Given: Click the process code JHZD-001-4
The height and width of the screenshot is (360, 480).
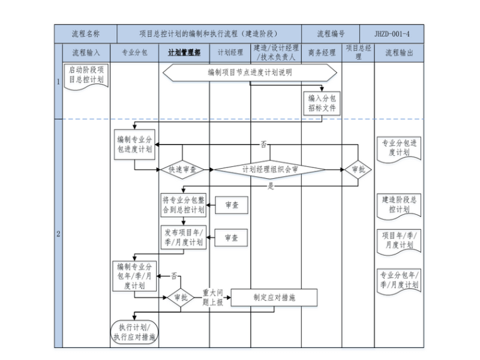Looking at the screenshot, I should (x=392, y=33).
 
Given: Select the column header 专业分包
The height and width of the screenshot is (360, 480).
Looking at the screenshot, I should (x=134, y=53).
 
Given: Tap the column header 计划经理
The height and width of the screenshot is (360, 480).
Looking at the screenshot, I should (x=230, y=53).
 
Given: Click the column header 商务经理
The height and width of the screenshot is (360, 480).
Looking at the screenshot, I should (x=321, y=53).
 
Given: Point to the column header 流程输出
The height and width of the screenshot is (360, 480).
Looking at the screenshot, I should (x=399, y=53).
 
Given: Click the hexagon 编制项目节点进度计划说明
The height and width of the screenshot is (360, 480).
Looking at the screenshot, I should (x=249, y=73).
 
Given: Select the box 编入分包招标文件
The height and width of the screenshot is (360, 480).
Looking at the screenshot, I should (x=322, y=103).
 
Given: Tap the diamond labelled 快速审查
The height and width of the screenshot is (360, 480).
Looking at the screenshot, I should (x=182, y=169).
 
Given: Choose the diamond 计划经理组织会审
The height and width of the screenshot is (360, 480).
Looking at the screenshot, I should (x=270, y=169).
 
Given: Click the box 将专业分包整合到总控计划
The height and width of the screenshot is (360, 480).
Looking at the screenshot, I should (x=183, y=205).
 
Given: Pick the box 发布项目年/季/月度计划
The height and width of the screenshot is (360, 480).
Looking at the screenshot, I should (x=183, y=237).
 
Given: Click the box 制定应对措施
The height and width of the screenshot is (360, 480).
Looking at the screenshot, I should (x=274, y=297).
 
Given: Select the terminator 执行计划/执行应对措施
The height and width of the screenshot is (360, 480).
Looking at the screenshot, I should (x=134, y=332).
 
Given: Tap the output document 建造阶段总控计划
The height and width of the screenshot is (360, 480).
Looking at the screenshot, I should (x=399, y=204).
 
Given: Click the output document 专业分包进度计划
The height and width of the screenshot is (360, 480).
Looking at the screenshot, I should (x=399, y=148).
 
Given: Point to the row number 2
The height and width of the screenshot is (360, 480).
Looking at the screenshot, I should (x=59, y=234).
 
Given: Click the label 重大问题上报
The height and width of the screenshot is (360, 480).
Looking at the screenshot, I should (x=212, y=297).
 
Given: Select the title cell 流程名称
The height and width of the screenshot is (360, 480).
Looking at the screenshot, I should (x=85, y=33).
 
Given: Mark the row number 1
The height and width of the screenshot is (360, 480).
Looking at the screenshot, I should (x=59, y=81).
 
